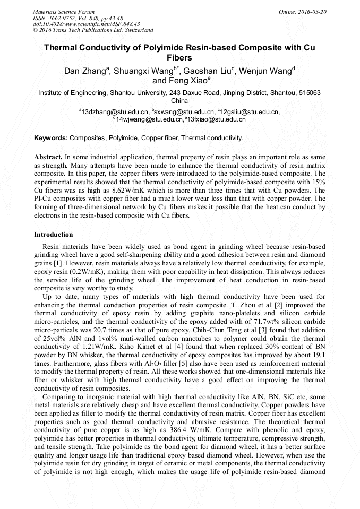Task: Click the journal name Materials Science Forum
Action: [64, 12]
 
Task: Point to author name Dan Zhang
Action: [85, 71]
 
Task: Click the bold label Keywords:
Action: [51, 138]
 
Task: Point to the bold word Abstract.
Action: [48, 158]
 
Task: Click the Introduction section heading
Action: [54, 234]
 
